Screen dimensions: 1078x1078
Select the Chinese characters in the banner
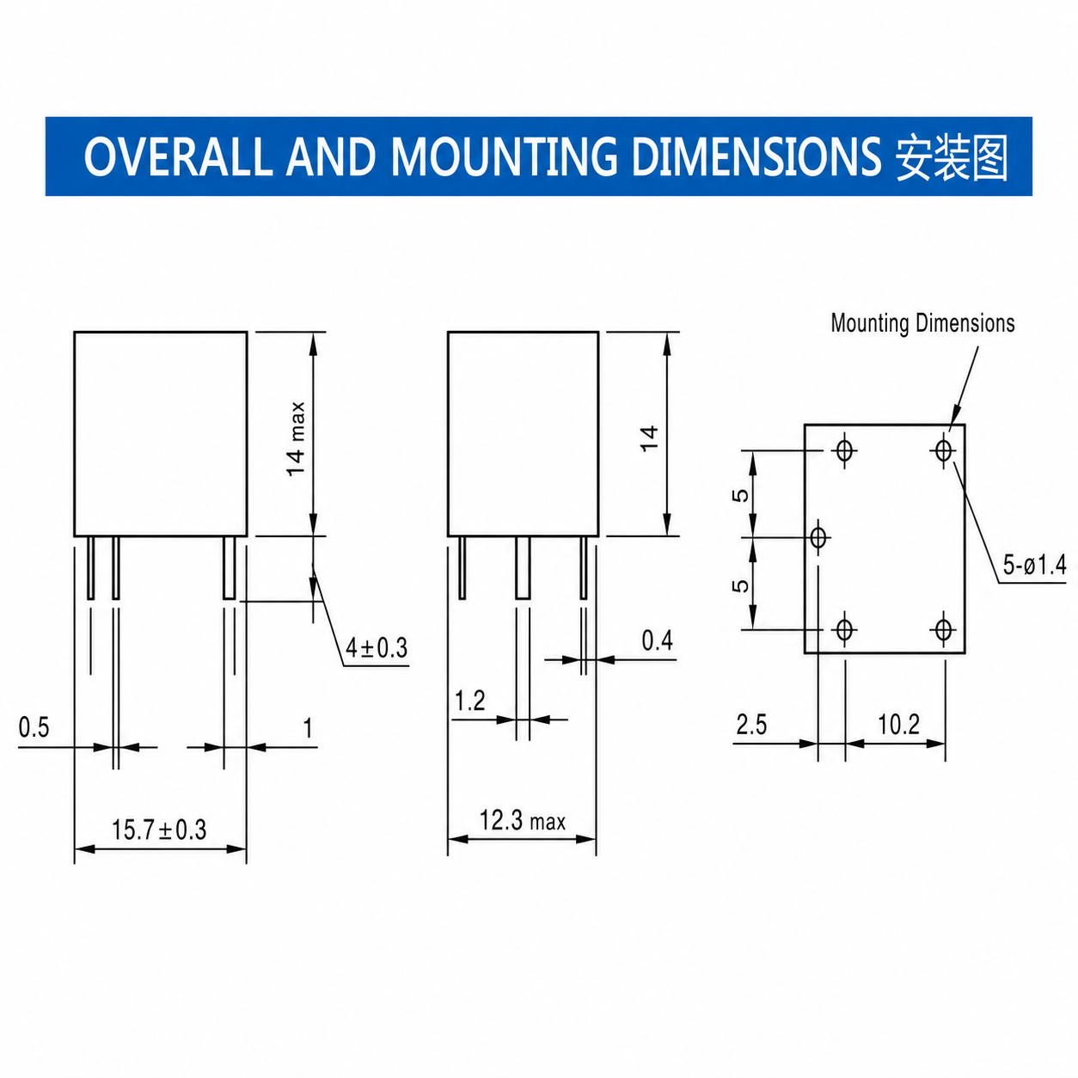point(952,158)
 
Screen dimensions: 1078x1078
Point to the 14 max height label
point(296,439)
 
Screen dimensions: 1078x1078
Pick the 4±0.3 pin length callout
point(377,648)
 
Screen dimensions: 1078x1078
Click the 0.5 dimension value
point(34,727)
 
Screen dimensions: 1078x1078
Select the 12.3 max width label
point(523,821)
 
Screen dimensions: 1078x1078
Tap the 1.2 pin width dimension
point(469,701)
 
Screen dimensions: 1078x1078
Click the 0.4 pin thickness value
point(657,640)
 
